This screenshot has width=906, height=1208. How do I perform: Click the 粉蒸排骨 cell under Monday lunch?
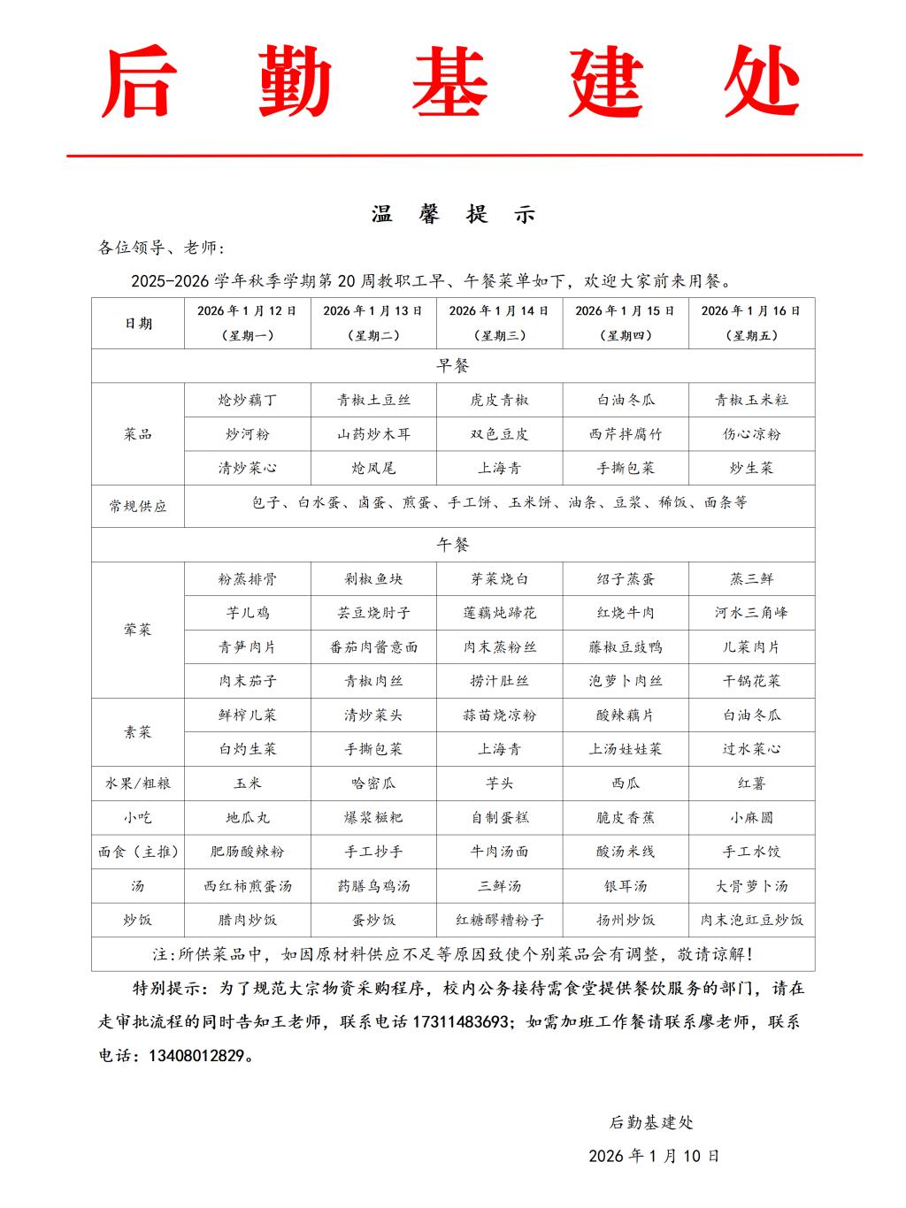pyautogui.click(x=248, y=579)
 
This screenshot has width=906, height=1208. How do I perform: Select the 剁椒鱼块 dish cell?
pyautogui.click(x=373, y=579)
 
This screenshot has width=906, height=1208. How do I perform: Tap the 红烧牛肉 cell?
pyautogui.click(x=626, y=613)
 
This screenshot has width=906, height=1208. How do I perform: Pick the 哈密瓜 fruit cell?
pyautogui.click(x=373, y=784)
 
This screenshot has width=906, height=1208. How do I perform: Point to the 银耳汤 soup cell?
pyautogui.click(x=626, y=886)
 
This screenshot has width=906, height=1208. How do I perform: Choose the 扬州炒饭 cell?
pyautogui.click(x=626, y=920)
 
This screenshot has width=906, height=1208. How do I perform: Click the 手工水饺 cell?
pyautogui.click(x=752, y=852)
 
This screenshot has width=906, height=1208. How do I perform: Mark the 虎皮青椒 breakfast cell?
pyautogui.click(x=499, y=400)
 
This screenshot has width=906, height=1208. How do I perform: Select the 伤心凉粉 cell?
pyautogui.click(x=752, y=434)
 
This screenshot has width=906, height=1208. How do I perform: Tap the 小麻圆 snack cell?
pyautogui.click(x=752, y=818)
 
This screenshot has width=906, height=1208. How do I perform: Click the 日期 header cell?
pyautogui.click(x=138, y=324)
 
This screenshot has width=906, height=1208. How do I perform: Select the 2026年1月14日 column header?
pyautogui.click(x=499, y=323)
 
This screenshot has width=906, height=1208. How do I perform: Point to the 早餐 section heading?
pyautogui.click(x=453, y=365)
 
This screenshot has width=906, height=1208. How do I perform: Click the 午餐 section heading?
pyautogui.click(x=453, y=545)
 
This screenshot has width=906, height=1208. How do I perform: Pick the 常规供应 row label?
pyautogui.click(x=138, y=507)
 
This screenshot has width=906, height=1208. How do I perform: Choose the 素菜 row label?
pyautogui.click(x=138, y=732)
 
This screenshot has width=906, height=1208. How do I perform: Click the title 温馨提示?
pyautogui.click(x=453, y=215)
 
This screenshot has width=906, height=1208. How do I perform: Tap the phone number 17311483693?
pyautogui.click(x=460, y=1021)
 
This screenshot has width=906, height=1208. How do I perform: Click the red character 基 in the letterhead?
pyautogui.click(x=450, y=84)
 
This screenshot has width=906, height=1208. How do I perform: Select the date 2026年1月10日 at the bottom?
pyautogui.click(x=654, y=1156)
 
